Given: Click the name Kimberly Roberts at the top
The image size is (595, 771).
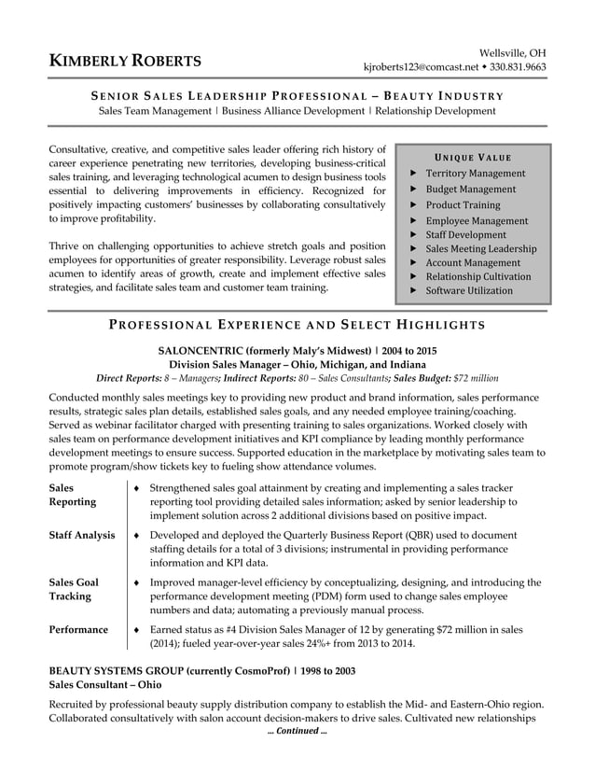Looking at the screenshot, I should tap(125, 62).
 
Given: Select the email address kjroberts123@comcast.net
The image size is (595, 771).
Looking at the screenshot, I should tap(421, 67).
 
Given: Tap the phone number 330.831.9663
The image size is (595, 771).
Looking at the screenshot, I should tap(519, 67).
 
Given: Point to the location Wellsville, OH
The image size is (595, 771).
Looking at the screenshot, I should tap(513, 51).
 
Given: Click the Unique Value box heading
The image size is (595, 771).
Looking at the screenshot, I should tap(473, 157).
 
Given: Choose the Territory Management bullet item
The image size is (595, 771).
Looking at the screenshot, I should tap(475, 174).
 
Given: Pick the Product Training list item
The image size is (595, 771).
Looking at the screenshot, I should tap(463, 204).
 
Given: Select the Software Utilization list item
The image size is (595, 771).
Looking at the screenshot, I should tap(469, 290).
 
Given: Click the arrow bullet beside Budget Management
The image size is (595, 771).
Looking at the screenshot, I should tap(413, 189).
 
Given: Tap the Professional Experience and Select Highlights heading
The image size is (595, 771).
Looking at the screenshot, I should tap(297, 325).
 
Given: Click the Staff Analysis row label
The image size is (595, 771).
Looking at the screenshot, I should tap(81, 535).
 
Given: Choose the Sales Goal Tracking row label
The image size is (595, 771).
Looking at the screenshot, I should tap(74, 589).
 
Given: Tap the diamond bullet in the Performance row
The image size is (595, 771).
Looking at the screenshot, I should tap(137, 629).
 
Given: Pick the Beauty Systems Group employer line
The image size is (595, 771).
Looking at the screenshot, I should tap(201, 671).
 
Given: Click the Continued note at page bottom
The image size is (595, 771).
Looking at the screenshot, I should tap(297, 731).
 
